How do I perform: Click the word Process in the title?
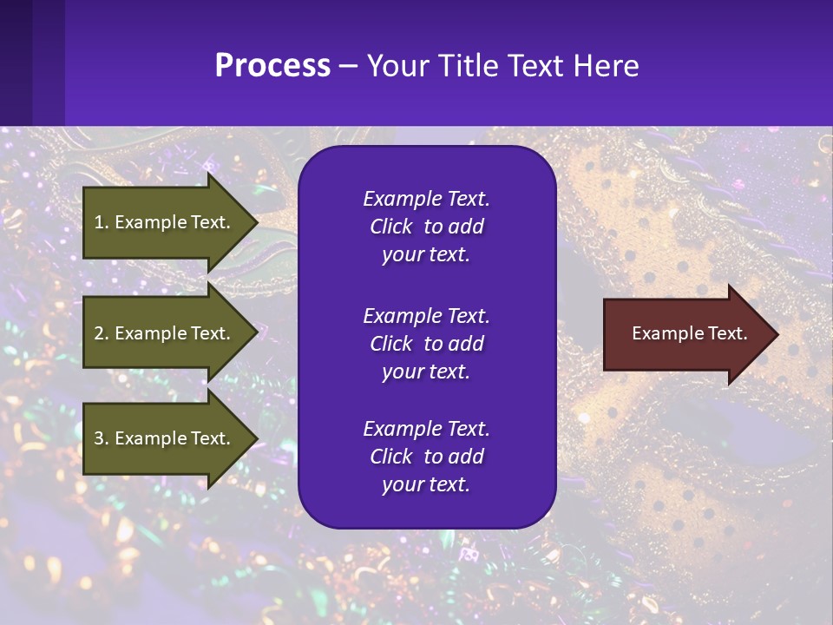pos(272,66)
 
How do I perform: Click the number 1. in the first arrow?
pos(102,222)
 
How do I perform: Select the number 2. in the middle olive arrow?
pos(102,333)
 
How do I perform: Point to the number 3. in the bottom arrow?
pos(102,438)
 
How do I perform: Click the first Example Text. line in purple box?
pos(426,199)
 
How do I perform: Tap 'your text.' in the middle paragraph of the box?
pos(426,372)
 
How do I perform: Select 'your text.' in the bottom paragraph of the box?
pos(426,484)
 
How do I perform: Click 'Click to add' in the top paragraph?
pos(426,227)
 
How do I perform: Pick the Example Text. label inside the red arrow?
pos(689,333)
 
